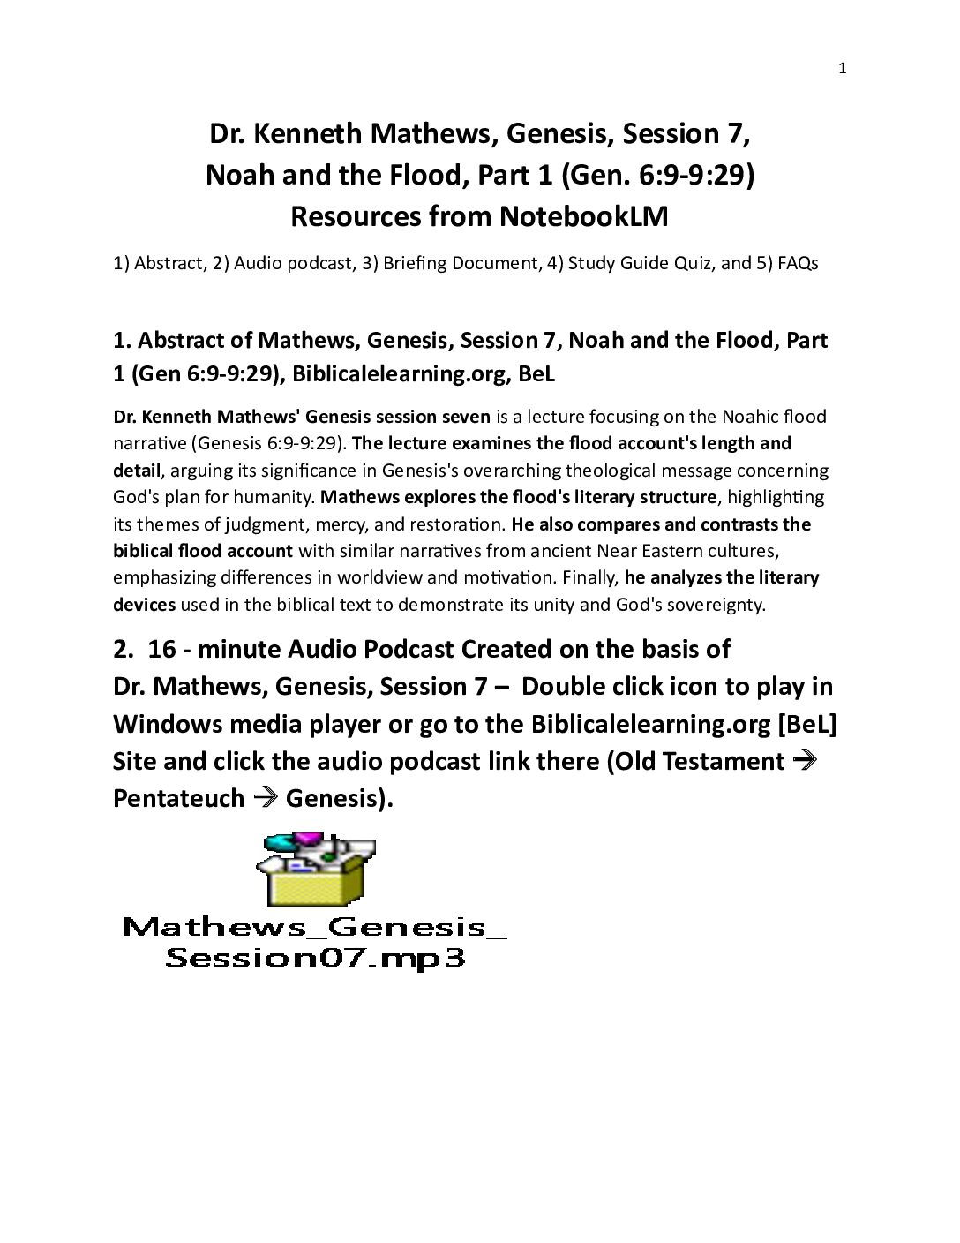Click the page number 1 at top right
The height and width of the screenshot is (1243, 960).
842,69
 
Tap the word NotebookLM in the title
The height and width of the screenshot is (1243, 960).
582,216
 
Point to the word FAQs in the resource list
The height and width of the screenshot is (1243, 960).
798,263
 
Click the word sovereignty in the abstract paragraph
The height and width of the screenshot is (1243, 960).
711,605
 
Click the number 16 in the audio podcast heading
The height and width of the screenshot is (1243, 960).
161,649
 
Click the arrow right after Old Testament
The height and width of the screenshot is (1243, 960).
804,760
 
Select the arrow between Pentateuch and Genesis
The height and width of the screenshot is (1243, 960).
266,798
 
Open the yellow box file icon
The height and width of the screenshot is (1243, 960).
316,870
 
